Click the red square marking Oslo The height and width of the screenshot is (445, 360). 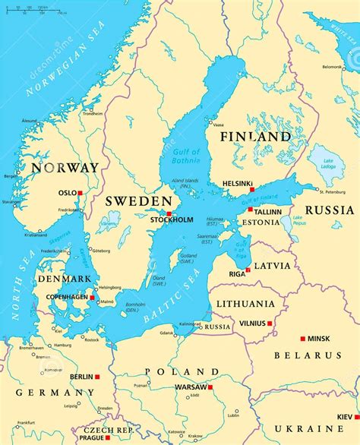[80, 193]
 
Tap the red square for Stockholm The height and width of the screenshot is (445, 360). [169, 213]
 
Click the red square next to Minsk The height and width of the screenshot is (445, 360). [302, 338]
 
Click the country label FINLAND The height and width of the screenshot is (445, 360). [254, 137]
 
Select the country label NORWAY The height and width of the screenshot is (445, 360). [65, 168]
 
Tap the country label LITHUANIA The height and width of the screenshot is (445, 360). [245, 304]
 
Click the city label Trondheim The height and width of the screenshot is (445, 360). [93, 114]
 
